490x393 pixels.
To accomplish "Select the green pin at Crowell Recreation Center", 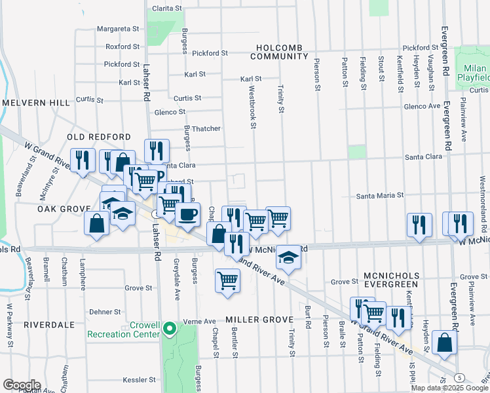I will tap(170, 328).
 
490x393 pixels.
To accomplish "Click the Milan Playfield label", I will tap(474, 73).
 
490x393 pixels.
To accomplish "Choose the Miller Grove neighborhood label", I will tap(257, 320).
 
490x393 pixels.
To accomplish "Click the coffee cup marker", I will tap(188, 214).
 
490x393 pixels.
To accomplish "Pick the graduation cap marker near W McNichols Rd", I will tap(288, 257).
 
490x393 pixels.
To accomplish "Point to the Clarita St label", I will tap(166, 8).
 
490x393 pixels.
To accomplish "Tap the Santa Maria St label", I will tap(379, 195).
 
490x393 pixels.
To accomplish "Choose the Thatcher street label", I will tap(205, 129).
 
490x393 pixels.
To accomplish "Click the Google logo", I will tap(22, 385).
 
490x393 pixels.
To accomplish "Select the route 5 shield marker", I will tap(461, 378).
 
